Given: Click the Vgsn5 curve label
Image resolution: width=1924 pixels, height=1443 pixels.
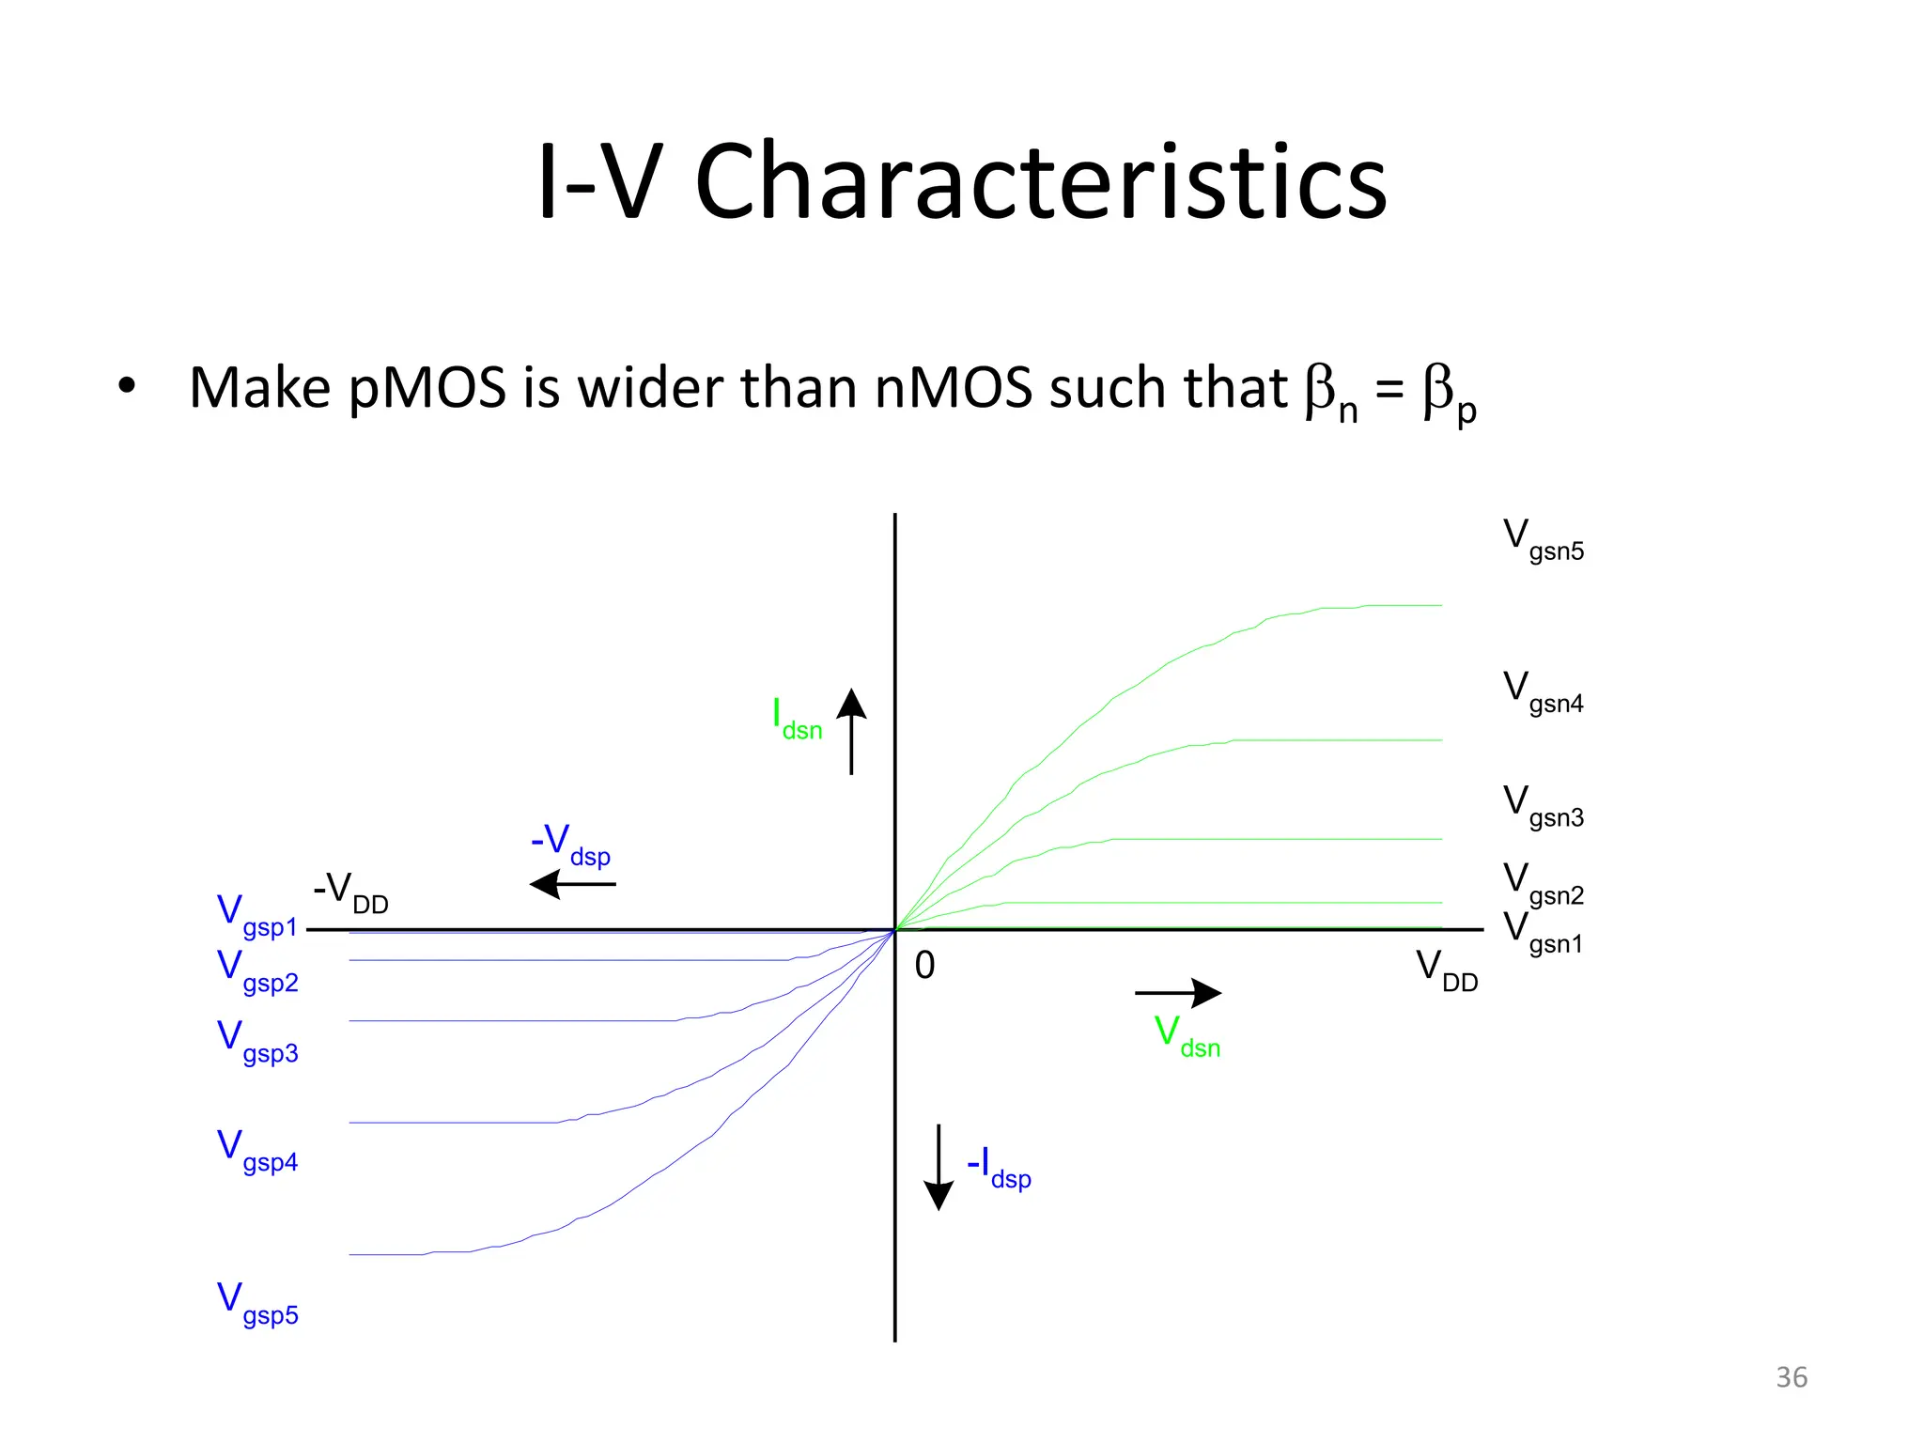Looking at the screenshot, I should [1543, 540].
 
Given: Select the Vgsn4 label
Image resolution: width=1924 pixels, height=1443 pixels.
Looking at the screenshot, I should [1543, 693].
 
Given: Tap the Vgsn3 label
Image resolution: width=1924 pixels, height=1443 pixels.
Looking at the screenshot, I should [1543, 807].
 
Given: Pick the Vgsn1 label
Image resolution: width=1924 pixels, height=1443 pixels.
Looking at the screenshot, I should [1543, 934].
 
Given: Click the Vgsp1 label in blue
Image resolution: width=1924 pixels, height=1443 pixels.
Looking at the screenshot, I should [256, 917].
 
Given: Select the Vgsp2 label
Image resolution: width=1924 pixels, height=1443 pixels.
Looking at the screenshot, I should [256, 972].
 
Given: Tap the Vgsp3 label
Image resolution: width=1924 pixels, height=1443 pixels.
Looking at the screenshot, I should [256, 1043].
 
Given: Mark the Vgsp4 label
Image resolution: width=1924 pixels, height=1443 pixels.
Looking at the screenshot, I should [256, 1152].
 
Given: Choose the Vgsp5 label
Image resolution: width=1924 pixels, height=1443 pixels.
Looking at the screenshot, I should [256, 1305].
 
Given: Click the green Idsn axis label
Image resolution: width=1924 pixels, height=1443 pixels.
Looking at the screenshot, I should [797, 721].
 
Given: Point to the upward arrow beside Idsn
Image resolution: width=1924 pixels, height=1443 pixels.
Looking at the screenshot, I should [851, 731].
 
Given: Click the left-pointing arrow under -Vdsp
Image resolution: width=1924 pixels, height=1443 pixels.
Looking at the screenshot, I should [572, 884].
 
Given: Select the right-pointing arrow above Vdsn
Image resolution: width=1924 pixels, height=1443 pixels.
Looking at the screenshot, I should [1178, 992].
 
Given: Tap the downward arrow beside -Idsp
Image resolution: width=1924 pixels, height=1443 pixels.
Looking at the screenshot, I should [939, 1167].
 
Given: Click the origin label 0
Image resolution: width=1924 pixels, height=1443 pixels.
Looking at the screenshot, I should [924, 966].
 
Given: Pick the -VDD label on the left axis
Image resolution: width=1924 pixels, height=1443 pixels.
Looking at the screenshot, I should [350, 892].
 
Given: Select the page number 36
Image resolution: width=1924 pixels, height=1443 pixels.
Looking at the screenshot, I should [1791, 1377].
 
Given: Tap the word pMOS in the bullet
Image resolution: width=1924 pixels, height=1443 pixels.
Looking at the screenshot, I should [427, 388].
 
